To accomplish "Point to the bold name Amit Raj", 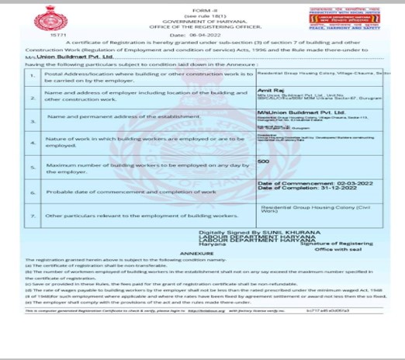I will [268, 90].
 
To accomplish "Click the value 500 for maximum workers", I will [263, 161].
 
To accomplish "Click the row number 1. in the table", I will [31, 75].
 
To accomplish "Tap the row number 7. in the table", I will [31, 213].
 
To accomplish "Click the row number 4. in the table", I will [31, 143].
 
